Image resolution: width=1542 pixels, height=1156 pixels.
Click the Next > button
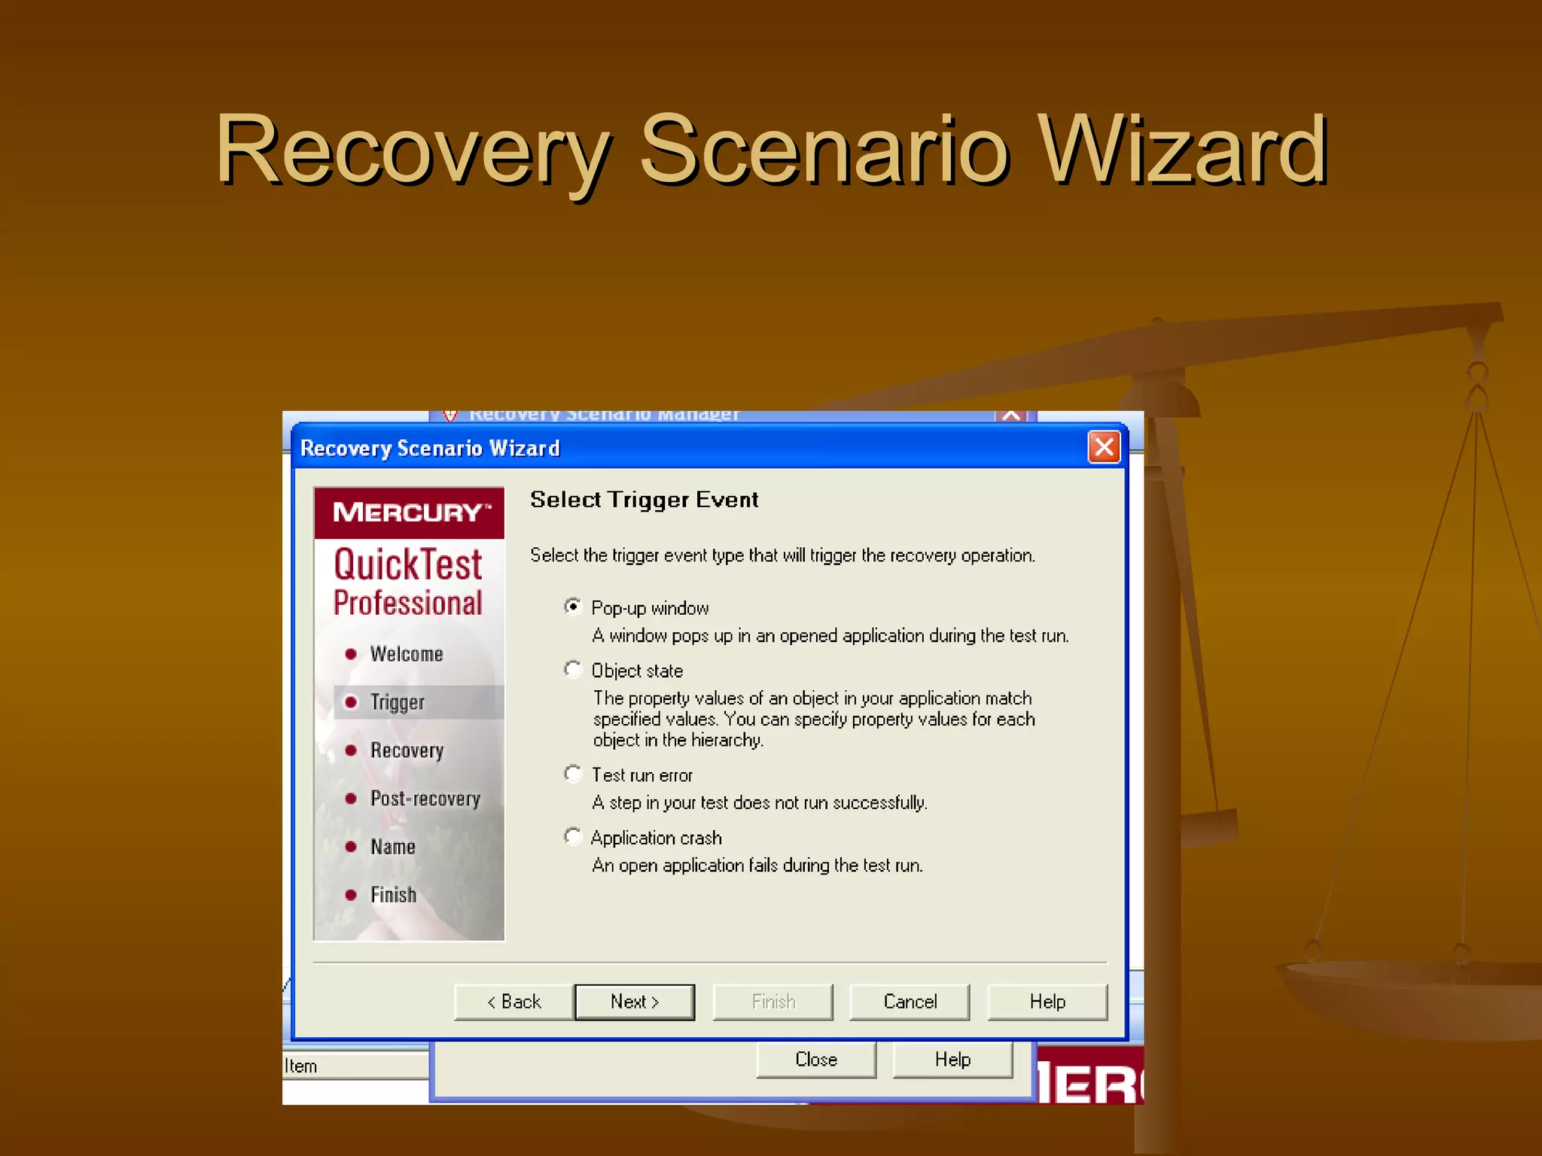(x=634, y=1002)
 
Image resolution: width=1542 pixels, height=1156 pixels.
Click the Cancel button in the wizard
(x=910, y=1002)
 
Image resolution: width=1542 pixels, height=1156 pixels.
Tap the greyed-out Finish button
(x=773, y=1002)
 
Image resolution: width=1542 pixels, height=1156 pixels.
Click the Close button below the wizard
(x=816, y=1060)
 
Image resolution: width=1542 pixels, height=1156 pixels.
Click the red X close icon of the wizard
(x=1104, y=448)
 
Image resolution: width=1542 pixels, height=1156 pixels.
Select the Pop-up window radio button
(x=573, y=607)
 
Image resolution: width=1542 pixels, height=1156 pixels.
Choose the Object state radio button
(x=573, y=669)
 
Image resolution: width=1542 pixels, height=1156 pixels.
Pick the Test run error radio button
(x=573, y=774)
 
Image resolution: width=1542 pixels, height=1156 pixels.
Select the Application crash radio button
(x=573, y=836)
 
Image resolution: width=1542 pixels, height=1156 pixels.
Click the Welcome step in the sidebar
(x=406, y=654)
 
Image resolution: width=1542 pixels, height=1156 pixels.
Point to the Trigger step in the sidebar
(x=397, y=702)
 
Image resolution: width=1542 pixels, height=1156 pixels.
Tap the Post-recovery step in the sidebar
(x=425, y=799)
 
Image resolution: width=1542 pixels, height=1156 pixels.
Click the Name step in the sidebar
(x=392, y=847)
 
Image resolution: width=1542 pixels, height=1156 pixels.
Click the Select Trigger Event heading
(x=644, y=500)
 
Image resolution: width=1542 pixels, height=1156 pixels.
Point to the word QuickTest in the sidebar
(x=407, y=564)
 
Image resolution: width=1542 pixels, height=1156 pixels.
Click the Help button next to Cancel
(x=1047, y=1002)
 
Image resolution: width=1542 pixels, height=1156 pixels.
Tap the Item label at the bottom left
(x=300, y=1066)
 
